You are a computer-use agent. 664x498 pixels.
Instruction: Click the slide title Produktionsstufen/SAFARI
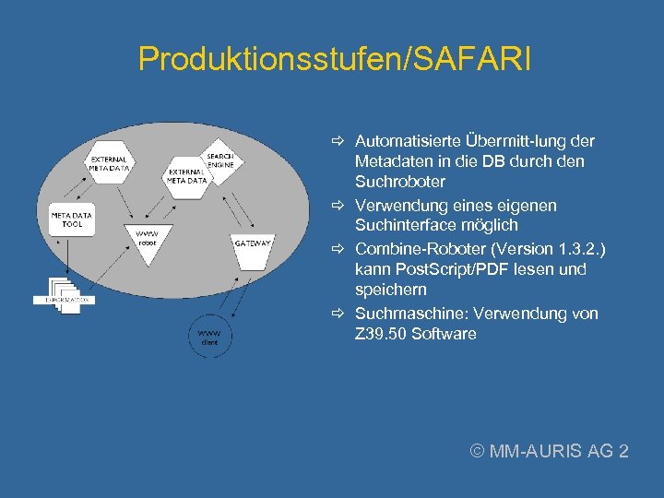[334, 60]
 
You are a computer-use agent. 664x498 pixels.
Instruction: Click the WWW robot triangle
[148, 242]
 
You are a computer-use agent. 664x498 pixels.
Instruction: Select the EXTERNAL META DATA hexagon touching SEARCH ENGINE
[186, 176]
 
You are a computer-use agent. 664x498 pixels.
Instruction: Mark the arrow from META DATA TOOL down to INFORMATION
[66, 254]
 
